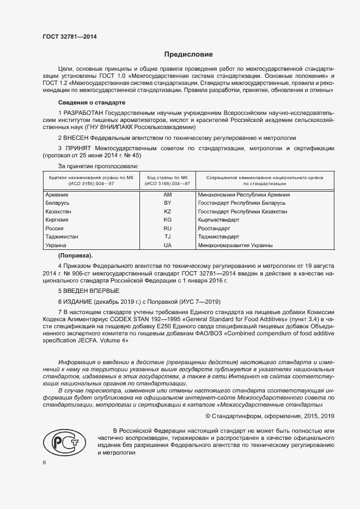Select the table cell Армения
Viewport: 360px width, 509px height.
(x=57, y=194)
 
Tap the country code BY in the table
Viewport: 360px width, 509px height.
(x=167, y=203)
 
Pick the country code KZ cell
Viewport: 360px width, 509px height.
(x=167, y=211)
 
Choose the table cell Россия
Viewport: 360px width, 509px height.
(x=55, y=228)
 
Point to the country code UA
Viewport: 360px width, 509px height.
(x=167, y=246)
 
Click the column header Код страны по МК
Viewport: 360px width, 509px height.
(x=167, y=177)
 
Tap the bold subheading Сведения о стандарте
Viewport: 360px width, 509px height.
(x=91, y=102)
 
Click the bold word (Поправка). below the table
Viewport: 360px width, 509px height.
(x=75, y=255)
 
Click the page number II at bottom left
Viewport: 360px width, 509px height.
(x=45, y=462)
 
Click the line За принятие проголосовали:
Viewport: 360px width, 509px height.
(x=98, y=165)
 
